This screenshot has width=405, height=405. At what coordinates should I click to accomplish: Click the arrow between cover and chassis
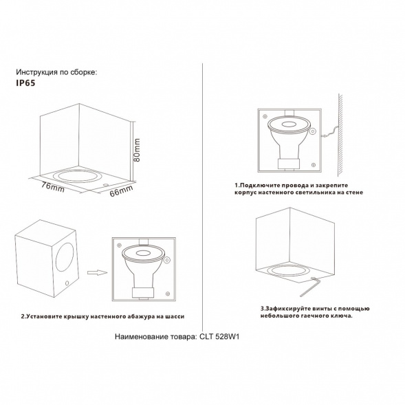[x=98, y=272]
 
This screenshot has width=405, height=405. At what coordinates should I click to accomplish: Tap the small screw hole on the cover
[x=66, y=284]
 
